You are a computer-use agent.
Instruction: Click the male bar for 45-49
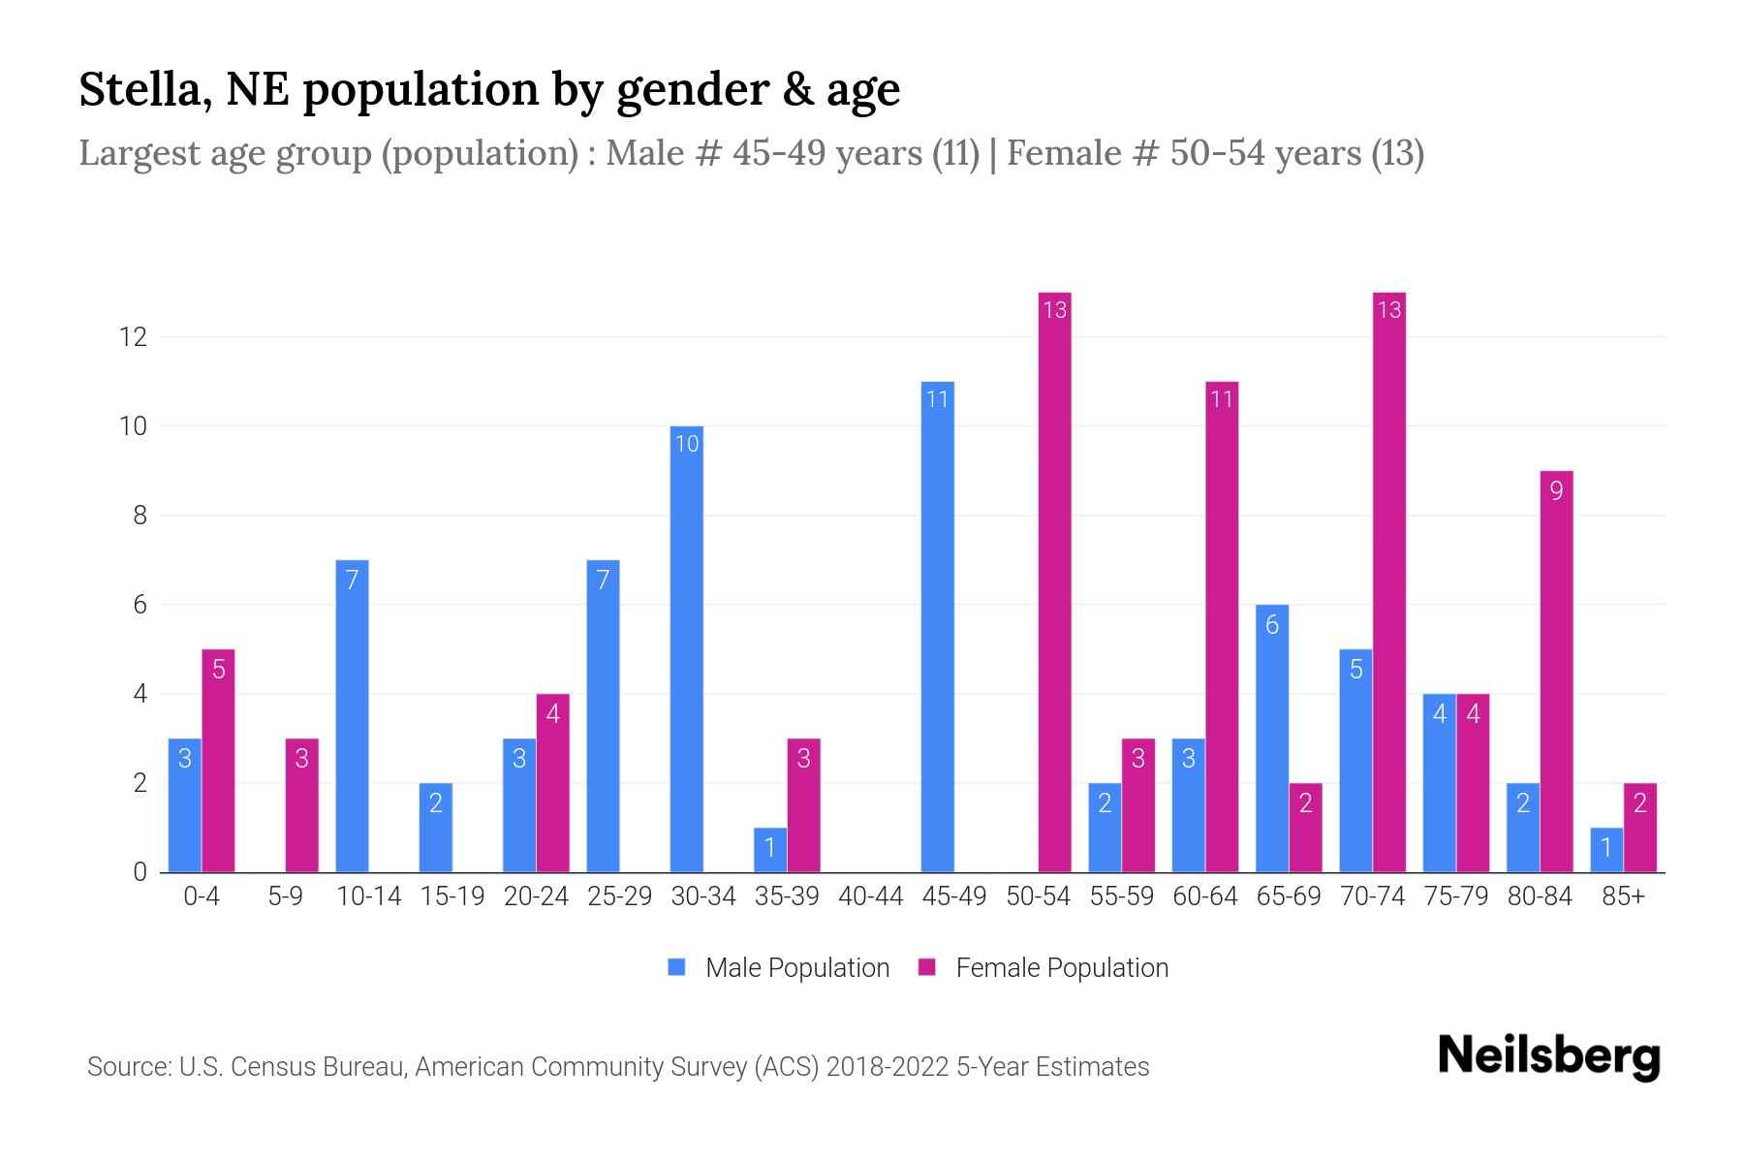click(x=937, y=627)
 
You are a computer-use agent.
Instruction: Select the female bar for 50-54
click(x=1054, y=582)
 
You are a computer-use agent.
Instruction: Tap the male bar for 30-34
click(x=686, y=649)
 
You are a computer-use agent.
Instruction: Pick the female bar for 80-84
click(x=1556, y=672)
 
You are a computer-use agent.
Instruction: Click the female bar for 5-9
click(x=301, y=805)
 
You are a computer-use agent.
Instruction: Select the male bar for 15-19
click(x=435, y=828)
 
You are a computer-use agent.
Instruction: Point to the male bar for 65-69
click(x=1271, y=739)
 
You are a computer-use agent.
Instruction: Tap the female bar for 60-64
click(x=1222, y=627)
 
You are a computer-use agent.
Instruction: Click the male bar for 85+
click(x=1606, y=850)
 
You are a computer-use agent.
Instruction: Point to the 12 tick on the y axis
click(x=133, y=337)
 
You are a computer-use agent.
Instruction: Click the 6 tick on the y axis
click(x=140, y=605)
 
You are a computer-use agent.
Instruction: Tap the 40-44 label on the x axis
click(x=870, y=896)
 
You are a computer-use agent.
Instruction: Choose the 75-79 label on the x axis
click(x=1455, y=896)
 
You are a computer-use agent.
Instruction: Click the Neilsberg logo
click(x=1548, y=1056)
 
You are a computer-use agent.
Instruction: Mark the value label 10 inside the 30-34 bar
click(x=686, y=444)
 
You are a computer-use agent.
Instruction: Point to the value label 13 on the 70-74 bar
click(x=1388, y=310)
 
